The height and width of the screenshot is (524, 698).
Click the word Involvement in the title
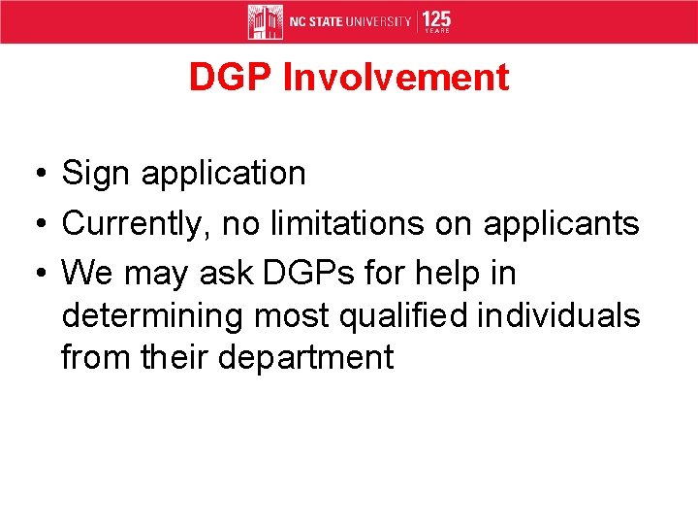click(396, 78)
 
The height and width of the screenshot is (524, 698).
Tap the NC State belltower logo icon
click(265, 21)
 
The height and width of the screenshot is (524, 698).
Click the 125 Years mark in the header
click(436, 21)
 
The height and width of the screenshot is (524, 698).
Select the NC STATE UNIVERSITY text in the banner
click(350, 21)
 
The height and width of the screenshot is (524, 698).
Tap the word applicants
click(561, 224)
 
